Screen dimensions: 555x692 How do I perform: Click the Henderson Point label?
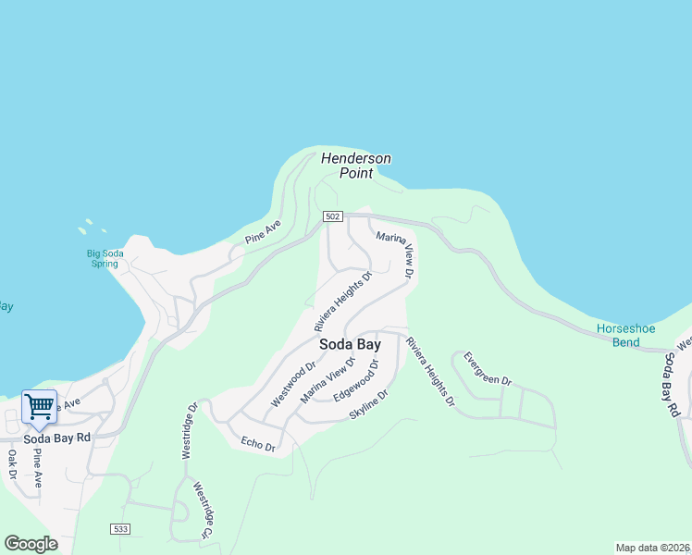[356, 166]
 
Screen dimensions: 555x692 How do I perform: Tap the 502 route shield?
[334, 216]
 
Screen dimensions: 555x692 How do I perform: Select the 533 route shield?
[118, 529]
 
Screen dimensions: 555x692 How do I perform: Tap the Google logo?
[31, 544]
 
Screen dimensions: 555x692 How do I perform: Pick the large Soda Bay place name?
[349, 344]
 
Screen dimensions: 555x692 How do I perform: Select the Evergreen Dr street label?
[487, 368]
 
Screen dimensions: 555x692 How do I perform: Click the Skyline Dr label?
[369, 405]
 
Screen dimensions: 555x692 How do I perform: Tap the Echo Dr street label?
[258, 443]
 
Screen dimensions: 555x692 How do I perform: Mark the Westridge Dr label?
[189, 431]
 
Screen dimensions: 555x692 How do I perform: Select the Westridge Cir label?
[202, 509]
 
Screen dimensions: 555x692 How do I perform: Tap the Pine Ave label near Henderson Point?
[263, 232]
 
